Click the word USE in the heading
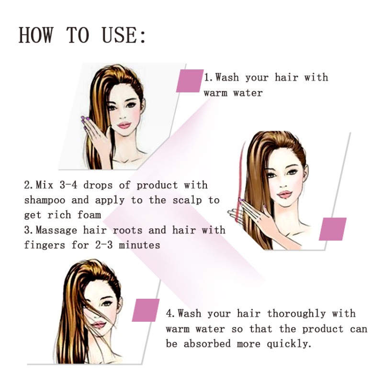coord(124,35)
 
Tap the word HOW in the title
coord(37,35)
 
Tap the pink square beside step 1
coord(190,80)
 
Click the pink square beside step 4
coord(146,310)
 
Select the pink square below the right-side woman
coord(332,229)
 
